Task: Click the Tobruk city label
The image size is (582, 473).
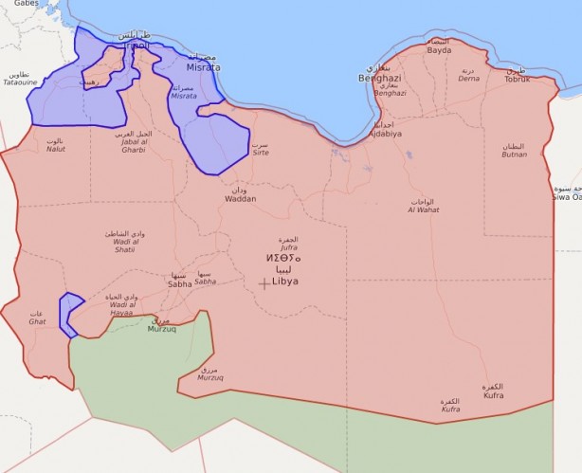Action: click(x=518, y=78)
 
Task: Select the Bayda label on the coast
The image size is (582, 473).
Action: click(x=439, y=49)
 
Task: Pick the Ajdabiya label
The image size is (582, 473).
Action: click(x=384, y=133)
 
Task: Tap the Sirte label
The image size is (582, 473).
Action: click(x=259, y=151)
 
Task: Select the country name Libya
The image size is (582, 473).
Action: click(x=285, y=282)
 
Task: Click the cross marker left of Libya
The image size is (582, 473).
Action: click(x=264, y=282)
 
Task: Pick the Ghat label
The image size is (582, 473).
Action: click(x=37, y=321)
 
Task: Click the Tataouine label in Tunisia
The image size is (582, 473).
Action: click(x=19, y=82)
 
